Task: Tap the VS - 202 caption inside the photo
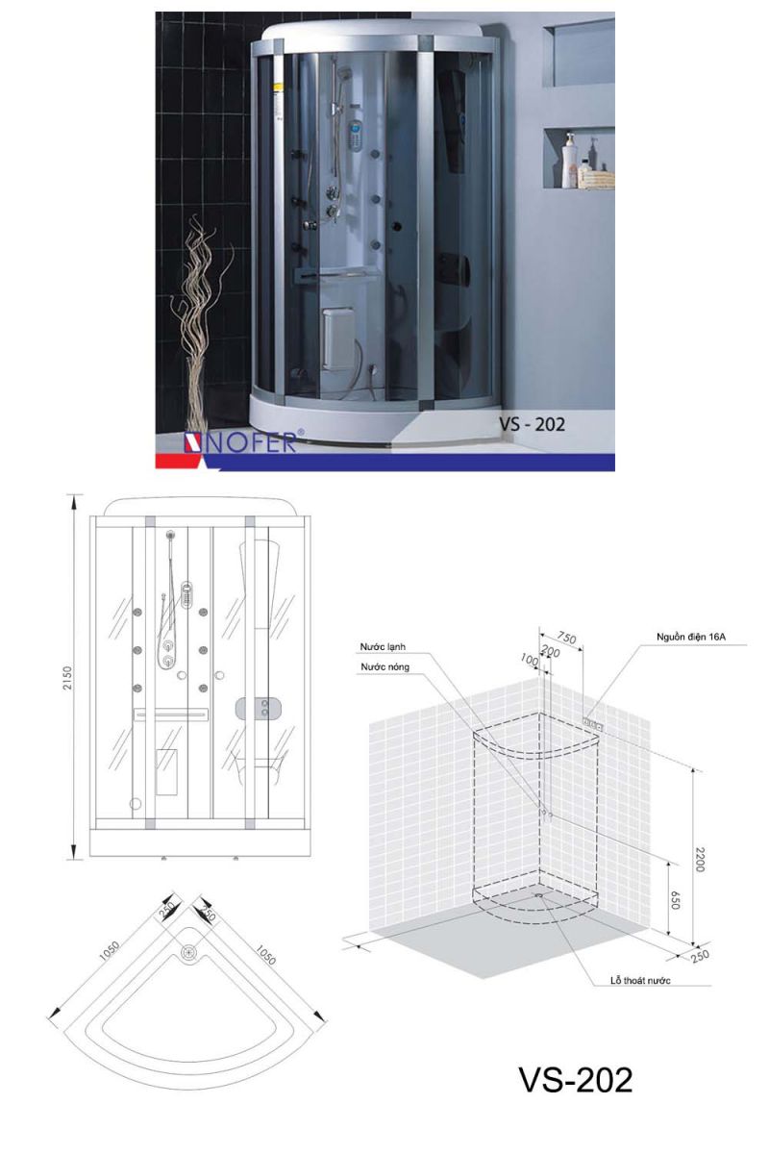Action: (531, 423)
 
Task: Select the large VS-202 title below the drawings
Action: (577, 1079)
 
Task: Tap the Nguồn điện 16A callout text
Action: (691, 636)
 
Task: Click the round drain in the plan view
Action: (189, 953)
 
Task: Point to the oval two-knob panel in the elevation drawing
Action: (264, 709)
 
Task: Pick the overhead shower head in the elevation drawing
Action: (170, 536)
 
